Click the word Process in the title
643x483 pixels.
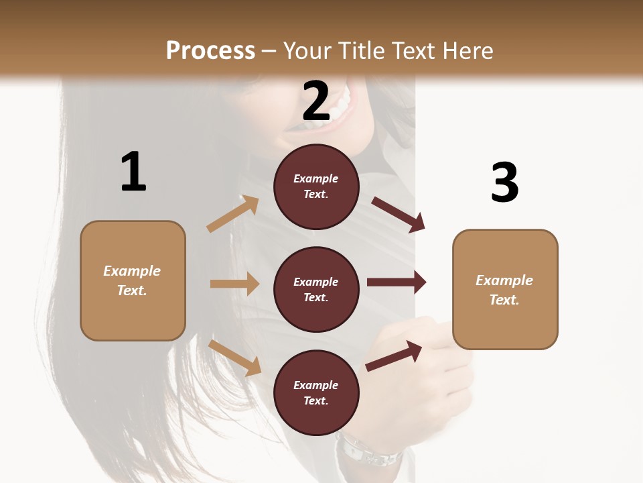[x=210, y=51]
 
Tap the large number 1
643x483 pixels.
[x=133, y=172]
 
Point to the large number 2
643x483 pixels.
[x=316, y=101]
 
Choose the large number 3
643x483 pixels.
[x=504, y=182]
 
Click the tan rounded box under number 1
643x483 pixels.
[x=133, y=280]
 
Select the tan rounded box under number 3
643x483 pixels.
[x=505, y=289]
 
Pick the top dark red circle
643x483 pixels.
[x=316, y=186]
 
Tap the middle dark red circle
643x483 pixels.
[x=316, y=289]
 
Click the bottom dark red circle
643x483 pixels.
[x=316, y=392]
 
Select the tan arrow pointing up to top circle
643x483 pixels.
[x=233, y=214]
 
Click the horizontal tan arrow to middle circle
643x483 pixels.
[x=234, y=284]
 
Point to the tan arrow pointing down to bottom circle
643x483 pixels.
[x=234, y=358]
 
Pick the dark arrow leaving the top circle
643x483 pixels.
[x=399, y=214]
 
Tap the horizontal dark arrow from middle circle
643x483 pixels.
[x=397, y=282]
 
